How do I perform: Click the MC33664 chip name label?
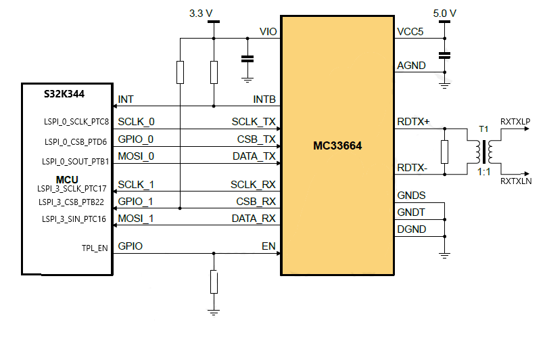tap(337, 145)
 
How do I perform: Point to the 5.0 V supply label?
tap(444, 13)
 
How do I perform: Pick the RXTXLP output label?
tap(515, 121)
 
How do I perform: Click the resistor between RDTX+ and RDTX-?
tap(444, 152)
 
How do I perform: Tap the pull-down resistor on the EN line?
tap(214, 282)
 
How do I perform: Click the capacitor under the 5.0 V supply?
tap(444, 54)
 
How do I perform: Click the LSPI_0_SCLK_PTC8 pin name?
tap(76, 122)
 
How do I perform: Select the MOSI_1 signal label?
tap(135, 219)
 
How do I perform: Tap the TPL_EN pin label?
tap(94, 248)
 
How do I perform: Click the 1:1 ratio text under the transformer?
tap(483, 173)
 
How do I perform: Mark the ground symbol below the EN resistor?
tap(214, 312)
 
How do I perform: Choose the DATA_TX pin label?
tap(254, 156)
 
